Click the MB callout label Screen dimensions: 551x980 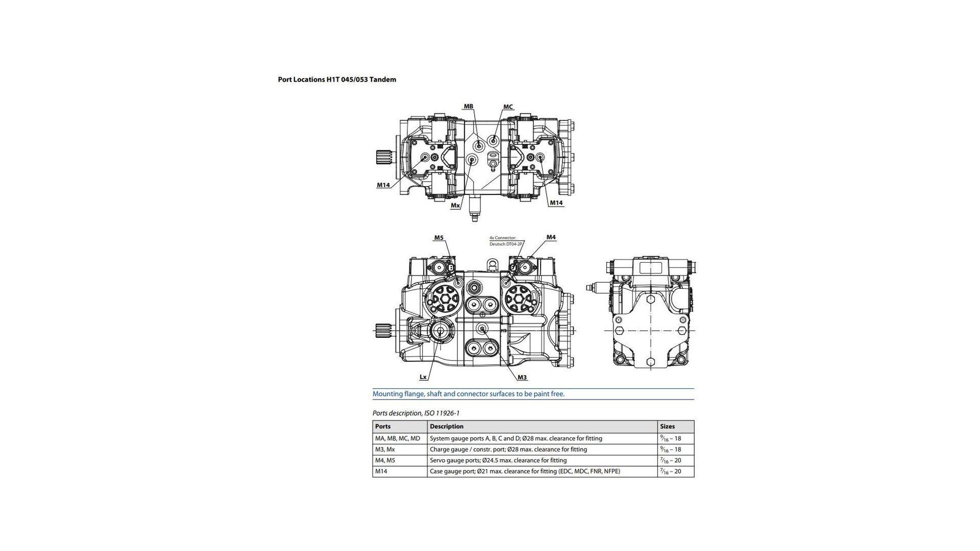click(468, 107)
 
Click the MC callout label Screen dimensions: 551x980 click(508, 107)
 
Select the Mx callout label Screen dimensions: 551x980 click(455, 206)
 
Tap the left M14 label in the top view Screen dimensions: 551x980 click(383, 185)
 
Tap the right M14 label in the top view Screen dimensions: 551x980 click(556, 203)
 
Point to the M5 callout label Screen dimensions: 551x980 click(439, 238)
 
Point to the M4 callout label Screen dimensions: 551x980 click(551, 237)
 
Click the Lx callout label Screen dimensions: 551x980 click(423, 377)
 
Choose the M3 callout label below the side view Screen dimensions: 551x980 click(522, 378)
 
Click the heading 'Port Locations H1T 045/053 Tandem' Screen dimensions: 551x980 click(337, 80)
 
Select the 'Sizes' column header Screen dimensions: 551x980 click(667, 427)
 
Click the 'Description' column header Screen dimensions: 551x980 click(447, 427)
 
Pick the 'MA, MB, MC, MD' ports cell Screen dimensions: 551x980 click(398, 438)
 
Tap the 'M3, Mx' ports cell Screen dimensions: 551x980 click(385, 449)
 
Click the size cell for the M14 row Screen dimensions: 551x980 click(671, 471)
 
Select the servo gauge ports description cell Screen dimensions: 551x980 click(498, 460)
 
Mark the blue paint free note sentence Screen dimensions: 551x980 click(469, 394)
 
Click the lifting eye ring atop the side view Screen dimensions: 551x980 click(492, 264)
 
